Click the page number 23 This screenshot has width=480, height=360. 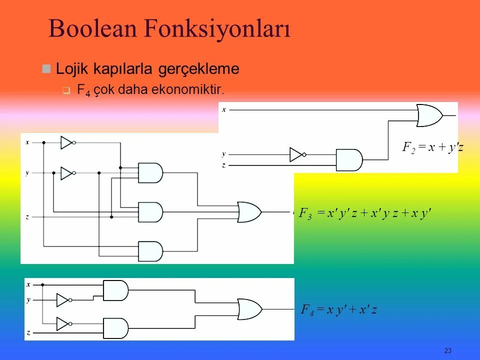tap(447, 350)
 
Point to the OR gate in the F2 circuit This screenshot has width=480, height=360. tap(429, 115)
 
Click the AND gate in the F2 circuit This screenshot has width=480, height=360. tap(349, 159)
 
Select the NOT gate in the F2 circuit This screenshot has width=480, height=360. tap(296, 154)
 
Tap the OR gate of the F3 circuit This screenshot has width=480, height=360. tap(249, 212)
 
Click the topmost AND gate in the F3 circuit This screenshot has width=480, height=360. tap(150, 173)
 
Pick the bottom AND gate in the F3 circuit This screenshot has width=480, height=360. tap(150, 251)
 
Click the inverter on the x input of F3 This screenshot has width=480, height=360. tap(67, 142)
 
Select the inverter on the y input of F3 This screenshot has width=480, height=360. tap(67, 173)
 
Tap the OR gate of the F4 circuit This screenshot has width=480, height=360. tap(249, 309)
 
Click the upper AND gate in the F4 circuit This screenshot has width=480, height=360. tap(115, 290)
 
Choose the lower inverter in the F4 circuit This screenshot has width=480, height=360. tap(63, 324)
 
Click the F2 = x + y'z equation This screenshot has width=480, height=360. tap(433, 147)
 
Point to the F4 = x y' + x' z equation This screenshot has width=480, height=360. tap(338, 310)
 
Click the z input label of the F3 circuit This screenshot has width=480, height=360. tap(27, 217)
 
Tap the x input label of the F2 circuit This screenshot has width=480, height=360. tap(224, 109)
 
